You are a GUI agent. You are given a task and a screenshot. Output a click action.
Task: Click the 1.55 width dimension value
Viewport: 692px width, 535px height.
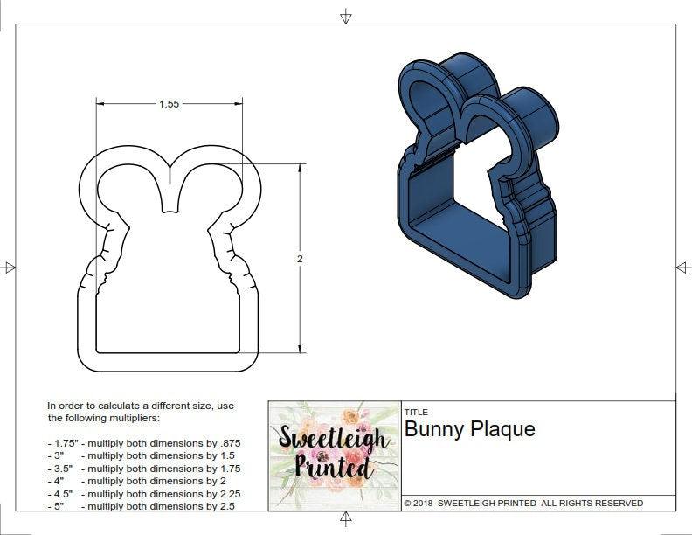tap(169, 104)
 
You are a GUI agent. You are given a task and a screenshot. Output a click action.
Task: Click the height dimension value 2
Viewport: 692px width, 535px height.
tap(300, 259)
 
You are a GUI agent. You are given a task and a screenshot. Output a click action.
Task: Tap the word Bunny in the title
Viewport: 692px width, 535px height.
tap(433, 429)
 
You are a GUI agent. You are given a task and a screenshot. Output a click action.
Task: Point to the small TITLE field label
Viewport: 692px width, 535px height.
tap(415, 412)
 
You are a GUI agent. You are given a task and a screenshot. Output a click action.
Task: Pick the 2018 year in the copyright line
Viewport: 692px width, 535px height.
tap(424, 504)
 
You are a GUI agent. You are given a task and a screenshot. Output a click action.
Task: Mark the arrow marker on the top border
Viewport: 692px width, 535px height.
tap(346, 16)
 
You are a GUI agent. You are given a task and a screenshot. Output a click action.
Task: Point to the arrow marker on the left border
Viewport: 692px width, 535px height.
tap(10, 267)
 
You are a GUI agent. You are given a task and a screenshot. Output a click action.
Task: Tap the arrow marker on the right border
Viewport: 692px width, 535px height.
tap(682, 267)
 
